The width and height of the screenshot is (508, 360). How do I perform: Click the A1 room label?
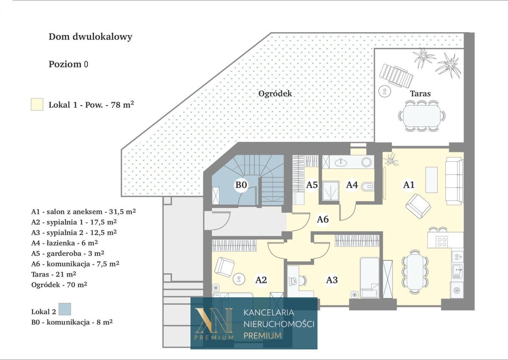pos(409,185)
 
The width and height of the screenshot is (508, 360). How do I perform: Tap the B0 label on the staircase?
pos(241,185)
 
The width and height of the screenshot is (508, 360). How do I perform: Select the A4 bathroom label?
pos(352,185)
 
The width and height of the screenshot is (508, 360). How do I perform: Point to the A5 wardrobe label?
pos(312,185)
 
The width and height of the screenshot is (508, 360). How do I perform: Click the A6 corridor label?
pos(323,219)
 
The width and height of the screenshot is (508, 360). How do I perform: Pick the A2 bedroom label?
pos(261,280)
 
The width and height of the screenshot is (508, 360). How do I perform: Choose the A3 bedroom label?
pos(332,280)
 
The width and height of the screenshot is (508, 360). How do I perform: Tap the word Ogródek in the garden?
pos(275,94)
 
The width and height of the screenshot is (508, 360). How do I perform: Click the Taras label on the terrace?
pos(420,94)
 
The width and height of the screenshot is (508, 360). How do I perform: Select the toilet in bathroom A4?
pos(367,187)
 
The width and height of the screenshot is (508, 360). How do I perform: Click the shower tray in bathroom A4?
pos(331,191)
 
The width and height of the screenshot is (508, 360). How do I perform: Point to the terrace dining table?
pos(422,116)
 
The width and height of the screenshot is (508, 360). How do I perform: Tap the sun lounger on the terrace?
pos(396,76)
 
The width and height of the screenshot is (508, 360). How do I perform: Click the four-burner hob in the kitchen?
pos(442,241)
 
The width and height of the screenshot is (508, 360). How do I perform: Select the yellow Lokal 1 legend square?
pos(37,104)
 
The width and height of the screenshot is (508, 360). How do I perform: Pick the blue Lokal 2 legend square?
pos(65,309)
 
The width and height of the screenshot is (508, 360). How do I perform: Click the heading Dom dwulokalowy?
pos(91,37)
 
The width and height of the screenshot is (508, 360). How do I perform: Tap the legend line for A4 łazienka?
pos(65,243)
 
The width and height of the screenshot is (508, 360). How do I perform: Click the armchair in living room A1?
pos(418,206)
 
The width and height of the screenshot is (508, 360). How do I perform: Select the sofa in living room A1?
pos(454,181)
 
